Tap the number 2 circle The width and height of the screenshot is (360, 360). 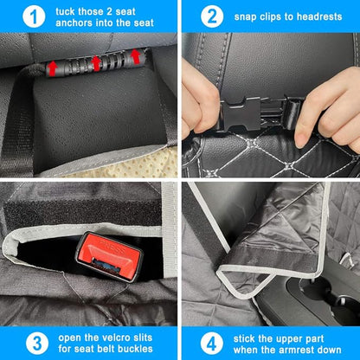pos(211,16)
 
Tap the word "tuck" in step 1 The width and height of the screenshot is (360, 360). pos(63,12)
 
